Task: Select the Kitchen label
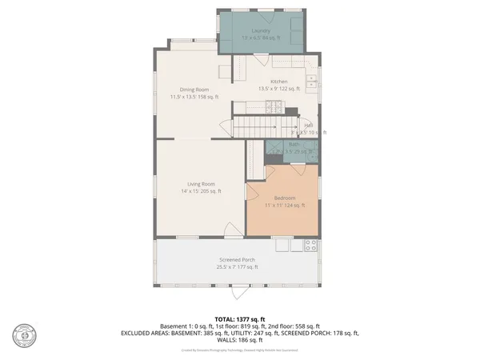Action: (x=278, y=82)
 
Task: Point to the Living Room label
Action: (x=200, y=184)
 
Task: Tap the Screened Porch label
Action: (x=237, y=260)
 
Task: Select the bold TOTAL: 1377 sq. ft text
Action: (x=239, y=318)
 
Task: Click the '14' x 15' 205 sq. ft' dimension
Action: (x=200, y=191)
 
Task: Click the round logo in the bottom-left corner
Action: (x=25, y=336)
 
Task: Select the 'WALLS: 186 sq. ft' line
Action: (x=239, y=339)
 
